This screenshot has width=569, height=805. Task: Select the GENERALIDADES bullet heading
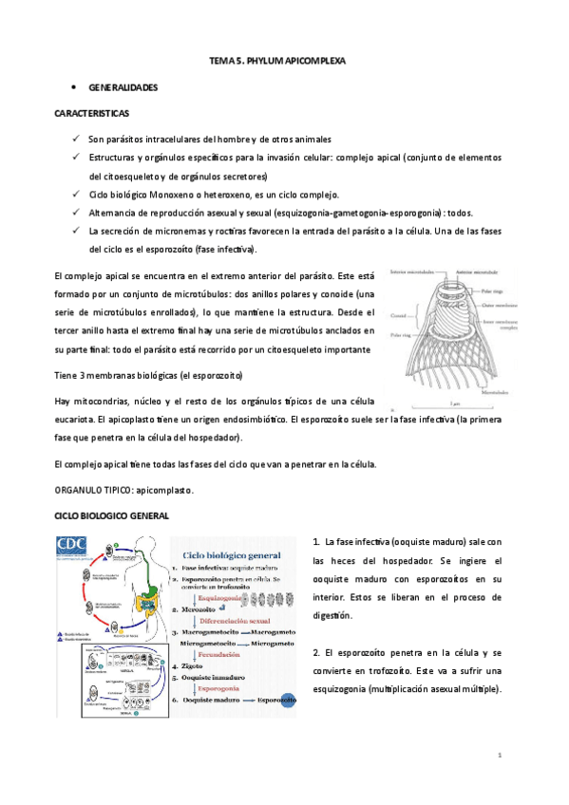(x=123, y=86)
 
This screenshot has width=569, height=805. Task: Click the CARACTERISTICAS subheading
(x=92, y=113)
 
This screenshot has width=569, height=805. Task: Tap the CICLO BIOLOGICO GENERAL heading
(x=112, y=515)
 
